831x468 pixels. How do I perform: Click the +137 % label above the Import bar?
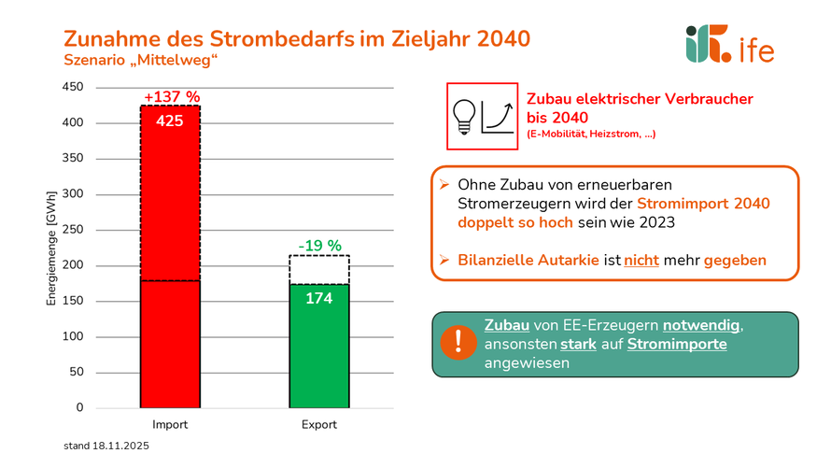tap(171, 97)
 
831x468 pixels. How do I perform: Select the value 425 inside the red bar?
tap(170, 121)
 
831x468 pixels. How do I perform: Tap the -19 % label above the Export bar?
tap(319, 247)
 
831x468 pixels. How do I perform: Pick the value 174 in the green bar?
tap(319, 299)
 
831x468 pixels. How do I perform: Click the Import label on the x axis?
tap(170, 424)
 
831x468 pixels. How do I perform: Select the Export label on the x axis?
tap(319, 424)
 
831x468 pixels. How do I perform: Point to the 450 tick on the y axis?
tap(73, 88)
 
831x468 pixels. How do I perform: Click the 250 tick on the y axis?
tap(73, 230)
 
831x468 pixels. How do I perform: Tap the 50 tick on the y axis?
tap(76, 372)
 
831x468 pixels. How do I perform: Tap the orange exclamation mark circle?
tap(459, 344)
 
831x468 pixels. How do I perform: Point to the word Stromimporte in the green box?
tap(677, 345)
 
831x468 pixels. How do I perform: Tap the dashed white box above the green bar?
tap(319, 270)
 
